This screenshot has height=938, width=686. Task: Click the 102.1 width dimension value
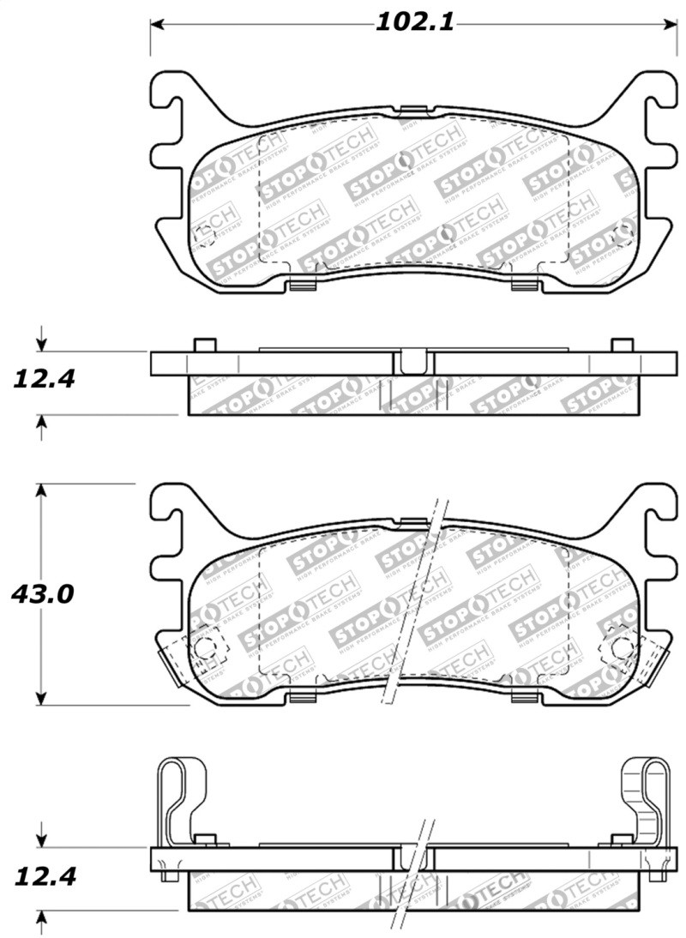click(x=414, y=23)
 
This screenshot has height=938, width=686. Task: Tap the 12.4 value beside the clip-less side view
click(x=41, y=378)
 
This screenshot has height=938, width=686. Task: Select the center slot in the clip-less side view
click(x=411, y=361)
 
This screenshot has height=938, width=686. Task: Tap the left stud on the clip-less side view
click(x=204, y=345)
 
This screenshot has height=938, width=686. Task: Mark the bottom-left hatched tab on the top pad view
click(x=301, y=286)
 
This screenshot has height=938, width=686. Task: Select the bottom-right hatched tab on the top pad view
click(x=522, y=286)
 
